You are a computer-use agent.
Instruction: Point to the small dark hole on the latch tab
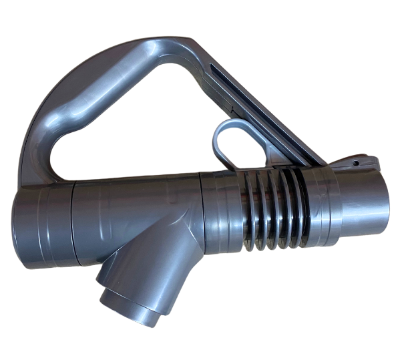(356, 162)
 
